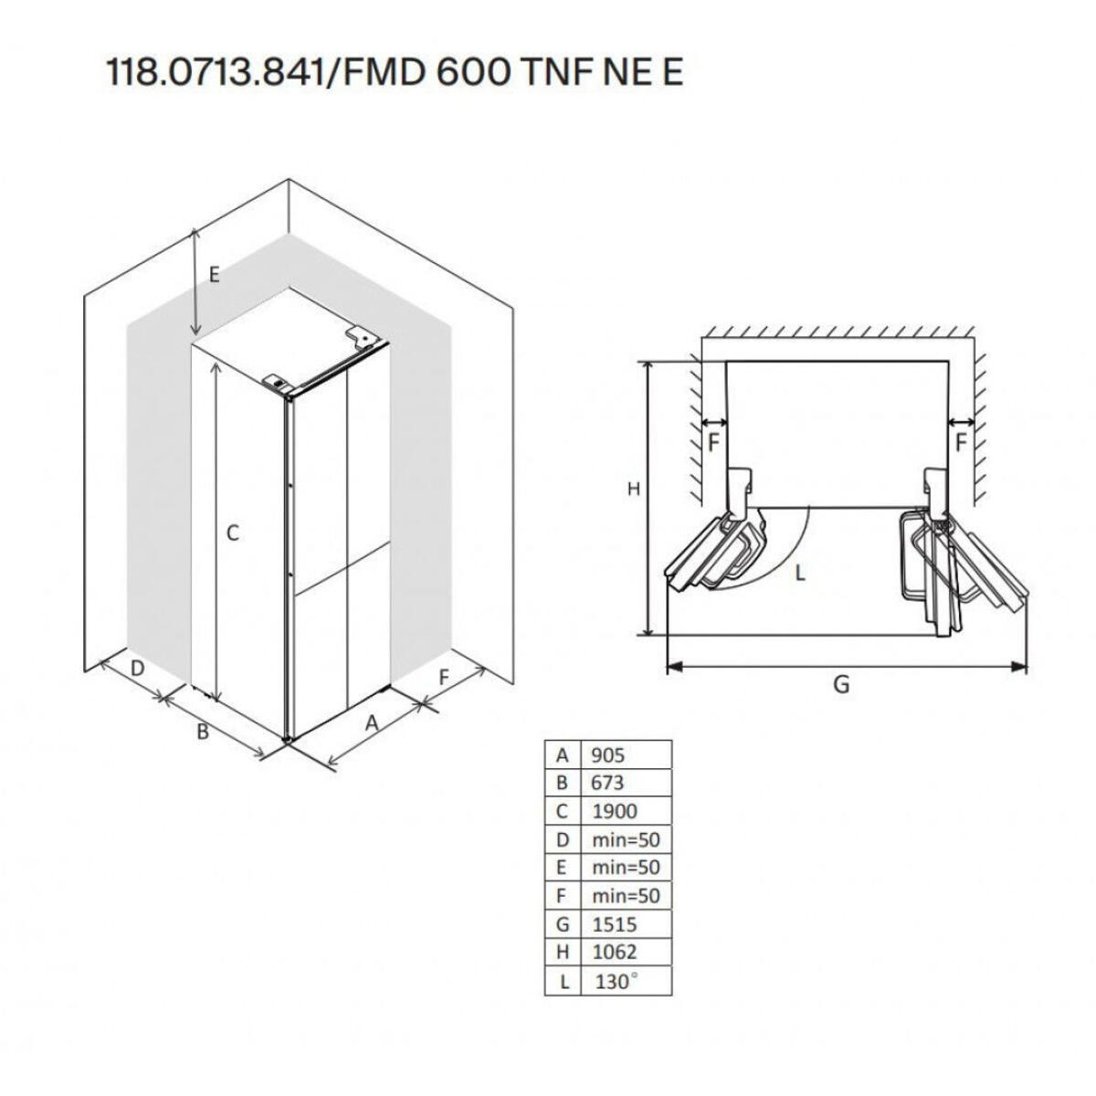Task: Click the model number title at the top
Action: click(395, 73)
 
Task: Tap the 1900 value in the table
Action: click(614, 811)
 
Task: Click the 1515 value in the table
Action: click(614, 924)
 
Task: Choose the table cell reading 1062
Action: click(614, 953)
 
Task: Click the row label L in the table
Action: click(563, 982)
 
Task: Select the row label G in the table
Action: click(563, 924)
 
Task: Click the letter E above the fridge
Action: click(214, 273)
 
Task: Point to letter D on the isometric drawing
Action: click(137, 668)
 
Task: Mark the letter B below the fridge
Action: click(204, 732)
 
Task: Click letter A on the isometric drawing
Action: click(372, 722)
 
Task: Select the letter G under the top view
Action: click(841, 683)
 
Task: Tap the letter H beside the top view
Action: click(633, 490)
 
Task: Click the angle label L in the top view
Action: click(799, 574)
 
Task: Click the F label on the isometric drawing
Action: click(444, 677)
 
